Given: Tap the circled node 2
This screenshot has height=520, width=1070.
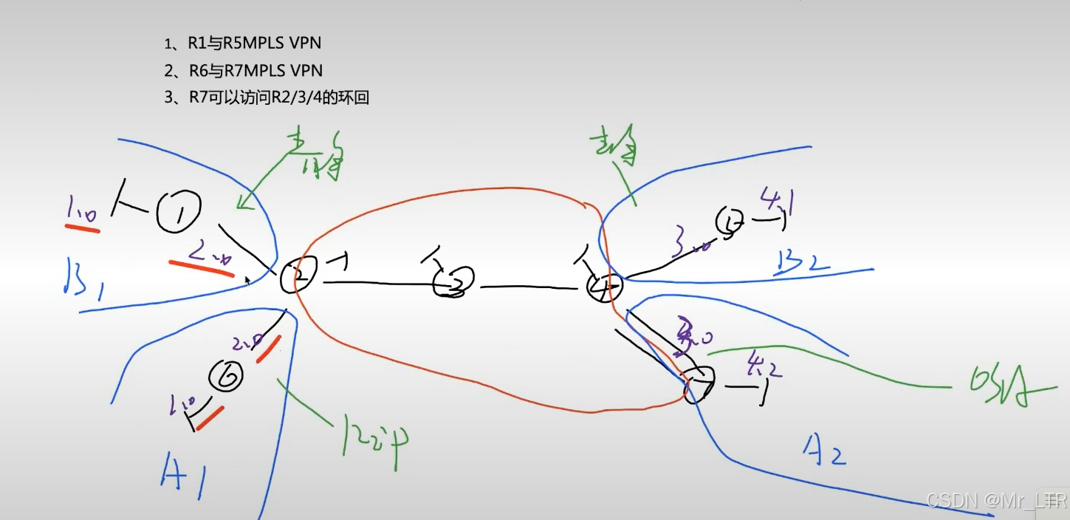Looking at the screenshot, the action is pos(299,276).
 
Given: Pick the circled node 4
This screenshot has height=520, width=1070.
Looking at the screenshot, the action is pos(605,287).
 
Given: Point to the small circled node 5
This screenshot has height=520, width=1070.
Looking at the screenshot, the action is pos(730,222).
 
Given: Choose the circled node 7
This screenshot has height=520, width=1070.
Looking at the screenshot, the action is pos(699,385).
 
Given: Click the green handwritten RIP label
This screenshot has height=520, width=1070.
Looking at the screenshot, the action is pos(376,437).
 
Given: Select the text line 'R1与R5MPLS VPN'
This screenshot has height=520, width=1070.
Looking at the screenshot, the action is pos(244,44).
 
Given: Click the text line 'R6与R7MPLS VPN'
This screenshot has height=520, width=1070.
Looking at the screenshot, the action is pos(244,71).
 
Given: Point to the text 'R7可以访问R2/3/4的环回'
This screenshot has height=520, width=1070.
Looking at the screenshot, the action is pos(267,98).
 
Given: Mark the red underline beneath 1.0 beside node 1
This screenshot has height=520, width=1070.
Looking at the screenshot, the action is pos(82,227).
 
